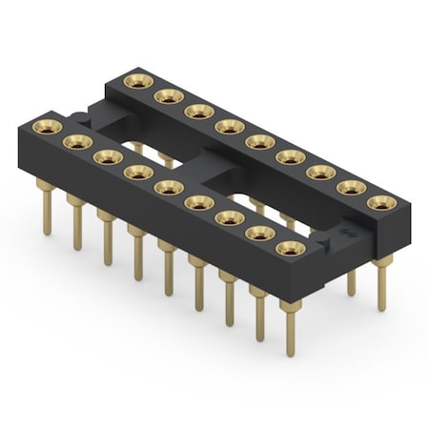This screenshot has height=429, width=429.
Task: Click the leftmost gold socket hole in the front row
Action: pos(46,126)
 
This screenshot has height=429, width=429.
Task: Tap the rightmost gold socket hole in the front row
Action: pos(288,249)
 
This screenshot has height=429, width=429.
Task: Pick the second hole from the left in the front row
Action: pos(75,141)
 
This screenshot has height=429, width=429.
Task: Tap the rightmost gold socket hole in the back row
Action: pos(381,203)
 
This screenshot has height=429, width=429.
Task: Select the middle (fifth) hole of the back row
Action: pos(258,142)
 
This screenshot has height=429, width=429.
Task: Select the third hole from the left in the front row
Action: pos(106,156)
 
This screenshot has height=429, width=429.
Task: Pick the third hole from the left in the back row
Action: pos(198,111)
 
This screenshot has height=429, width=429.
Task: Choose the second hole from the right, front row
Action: pos(258,234)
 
